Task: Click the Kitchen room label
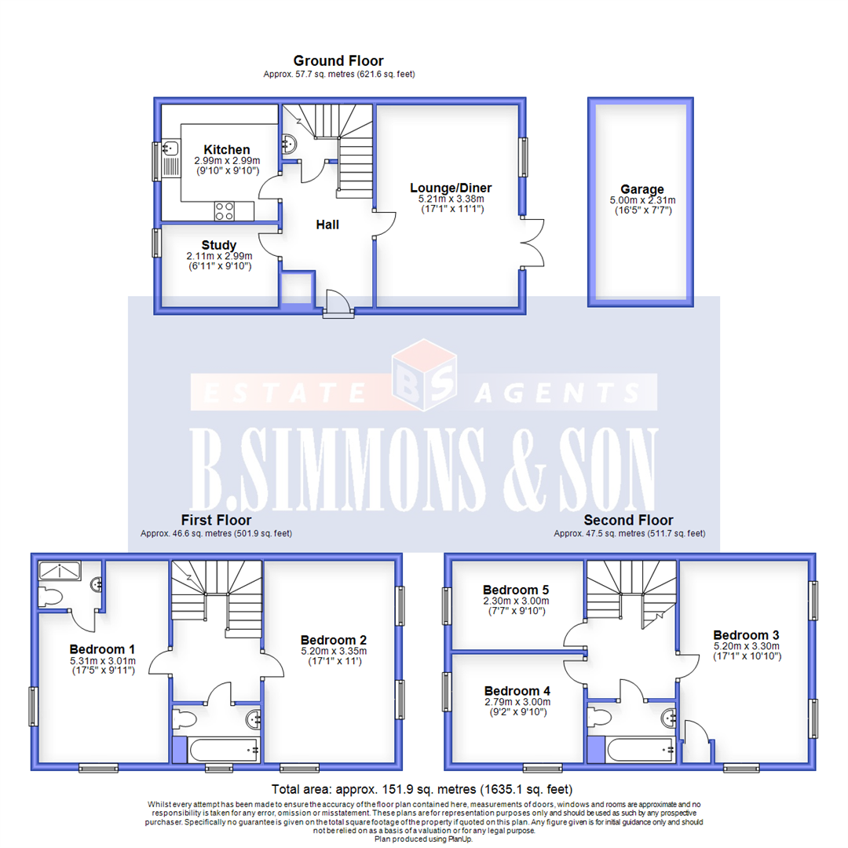(x=227, y=150)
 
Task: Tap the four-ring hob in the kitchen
(x=223, y=210)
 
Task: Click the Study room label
(x=218, y=245)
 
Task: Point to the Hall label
(x=327, y=225)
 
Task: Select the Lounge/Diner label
(x=451, y=188)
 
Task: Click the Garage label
(x=641, y=189)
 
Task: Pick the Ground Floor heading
(x=338, y=60)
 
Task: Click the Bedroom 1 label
(x=102, y=649)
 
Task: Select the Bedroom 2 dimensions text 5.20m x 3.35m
(x=334, y=651)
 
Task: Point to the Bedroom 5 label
(x=515, y=590)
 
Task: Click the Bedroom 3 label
(x=746, y=634)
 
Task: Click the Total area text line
(x=422, y=789)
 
